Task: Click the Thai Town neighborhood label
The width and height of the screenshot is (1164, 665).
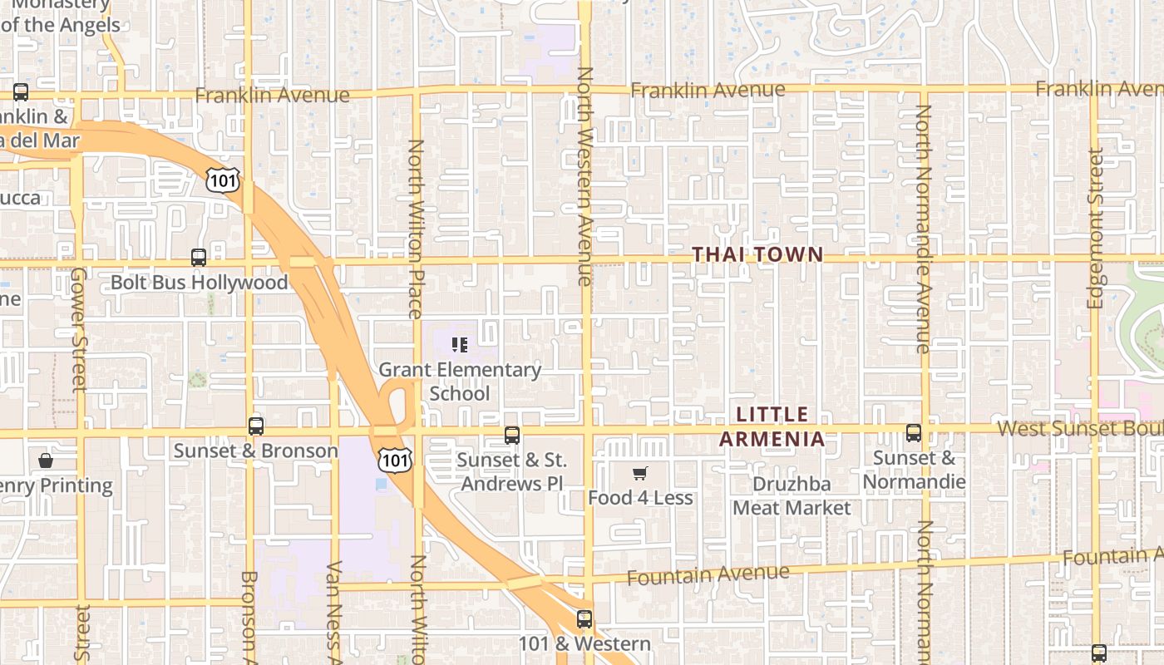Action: coord(757,255)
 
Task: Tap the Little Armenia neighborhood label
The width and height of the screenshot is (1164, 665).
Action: coord(772,426)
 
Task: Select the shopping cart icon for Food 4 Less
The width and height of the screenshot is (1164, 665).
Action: coord(639,474)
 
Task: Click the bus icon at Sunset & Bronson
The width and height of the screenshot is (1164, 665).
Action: coord(256,426)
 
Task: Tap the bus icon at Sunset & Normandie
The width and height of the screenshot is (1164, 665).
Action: coord(914,433)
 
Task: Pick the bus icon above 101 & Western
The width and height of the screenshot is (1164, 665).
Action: coord(584,618)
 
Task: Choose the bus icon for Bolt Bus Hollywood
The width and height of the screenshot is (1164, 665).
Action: coord(199,258)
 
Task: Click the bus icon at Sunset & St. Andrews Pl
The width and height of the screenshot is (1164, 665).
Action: coord(512,435)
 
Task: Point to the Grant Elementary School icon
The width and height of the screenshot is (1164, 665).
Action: coord(460,344)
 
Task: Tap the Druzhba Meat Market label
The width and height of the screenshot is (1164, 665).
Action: coord(792,495)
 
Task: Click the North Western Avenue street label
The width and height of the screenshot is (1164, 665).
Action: coord(585,176)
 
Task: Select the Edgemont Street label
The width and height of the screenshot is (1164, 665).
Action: coord(1096,229)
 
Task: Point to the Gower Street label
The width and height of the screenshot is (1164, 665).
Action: coord(79,329)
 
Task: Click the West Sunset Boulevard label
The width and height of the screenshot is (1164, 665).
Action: coord(1080,428)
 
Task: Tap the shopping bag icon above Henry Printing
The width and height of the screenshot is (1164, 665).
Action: coord(46,460)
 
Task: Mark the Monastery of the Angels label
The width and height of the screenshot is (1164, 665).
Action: coord(60,15)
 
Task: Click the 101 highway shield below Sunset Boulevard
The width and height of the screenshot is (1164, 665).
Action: coord(394,459)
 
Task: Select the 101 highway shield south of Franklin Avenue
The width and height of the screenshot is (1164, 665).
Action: coord(224,178)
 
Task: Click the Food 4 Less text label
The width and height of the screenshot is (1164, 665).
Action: coord(640,498)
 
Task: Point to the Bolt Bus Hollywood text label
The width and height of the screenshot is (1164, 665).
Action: coord(199,283)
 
